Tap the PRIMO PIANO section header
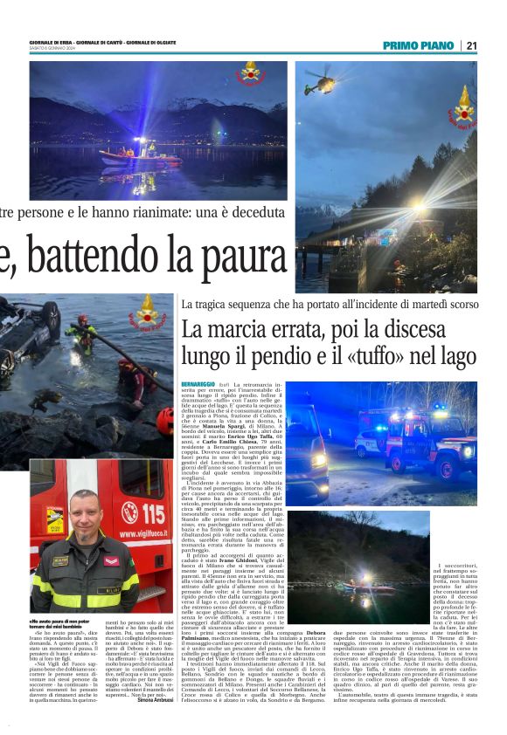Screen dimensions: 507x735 coord(419,45)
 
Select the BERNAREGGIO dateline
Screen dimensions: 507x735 coord(198,384)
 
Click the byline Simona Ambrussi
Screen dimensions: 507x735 coord(154,700)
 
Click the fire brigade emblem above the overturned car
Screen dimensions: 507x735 coord(146,310)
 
